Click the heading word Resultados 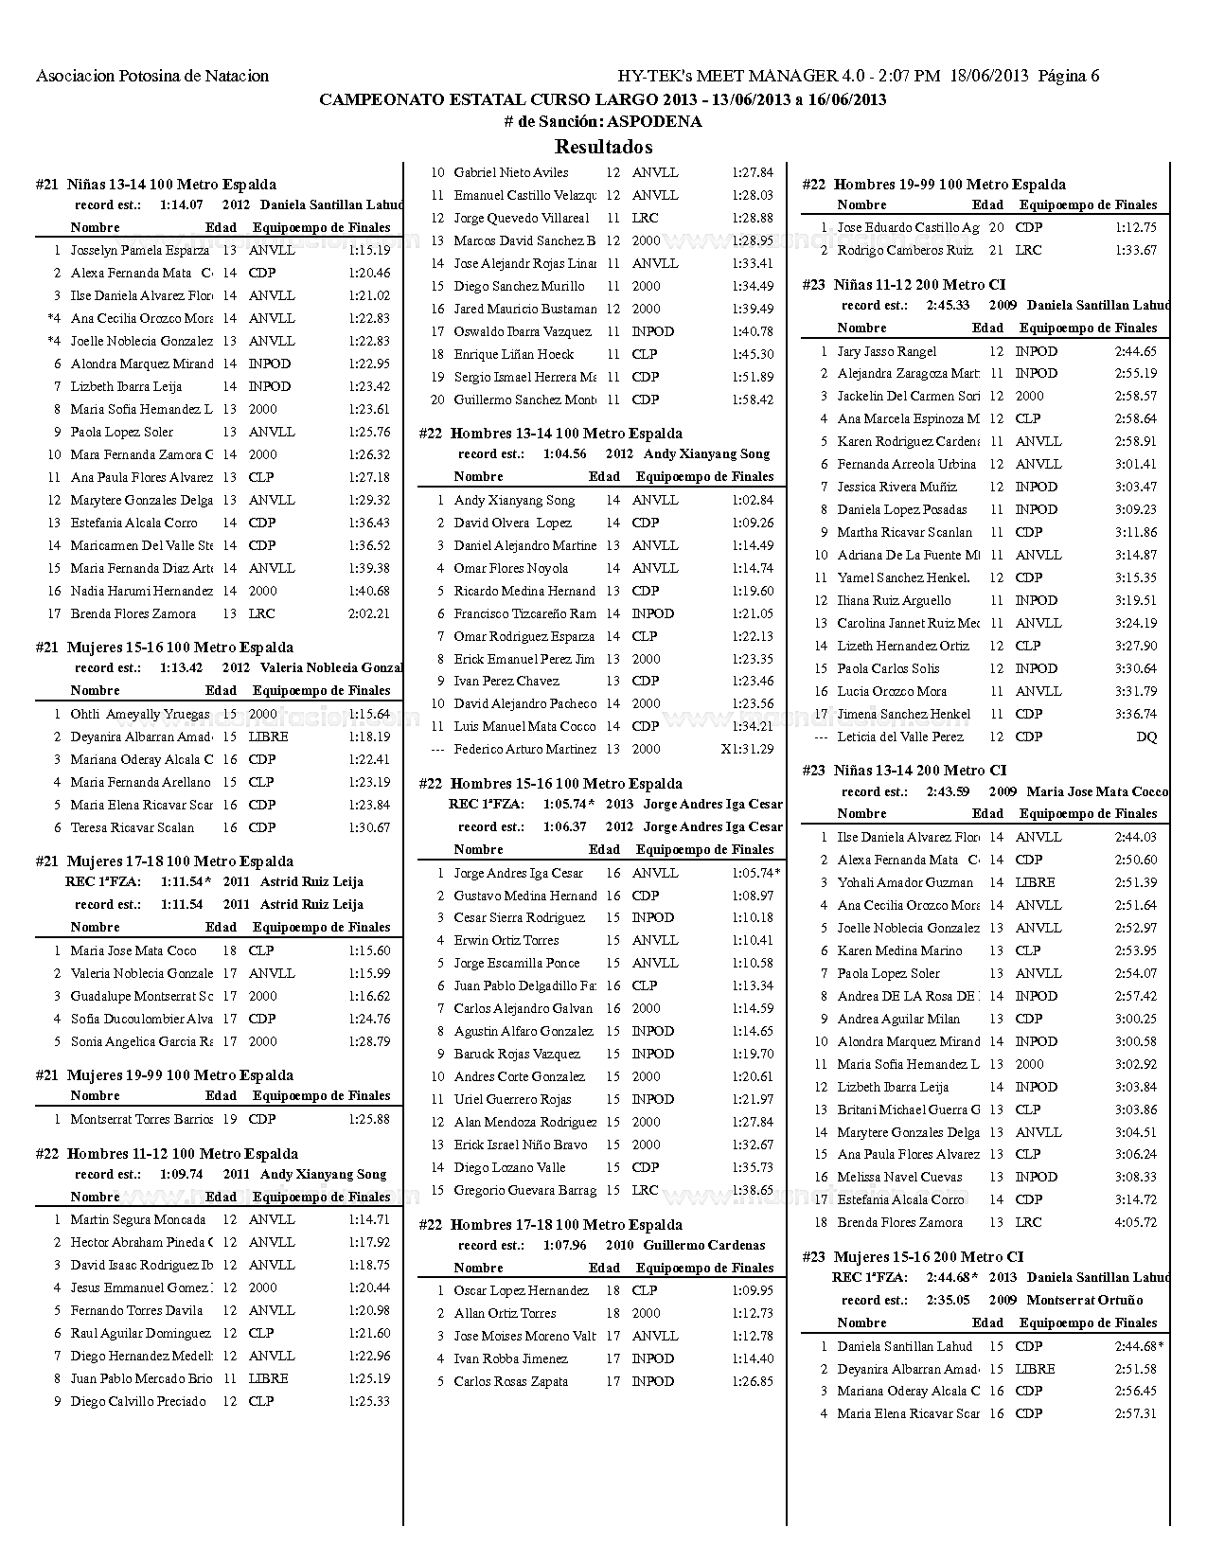[x=603, y=147]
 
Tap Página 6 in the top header [x=1069, y=76]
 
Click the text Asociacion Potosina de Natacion [x=152, y=76]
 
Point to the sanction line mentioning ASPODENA [x=603, y=122]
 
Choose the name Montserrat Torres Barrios [x=141, y=1119]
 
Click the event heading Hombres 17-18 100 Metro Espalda [x=565, y=1225]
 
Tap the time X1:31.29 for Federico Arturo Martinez [x=747, y=749]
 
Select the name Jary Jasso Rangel [x=886, y=351]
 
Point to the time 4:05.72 [x=1135, y=1222]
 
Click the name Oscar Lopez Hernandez [x=521, y=1290]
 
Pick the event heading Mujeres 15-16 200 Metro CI [x=928, y=1257]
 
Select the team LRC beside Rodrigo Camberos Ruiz [x=1028, y=250]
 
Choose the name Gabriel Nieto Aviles [x=511, y=172]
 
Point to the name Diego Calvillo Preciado [x=137, y=1401]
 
